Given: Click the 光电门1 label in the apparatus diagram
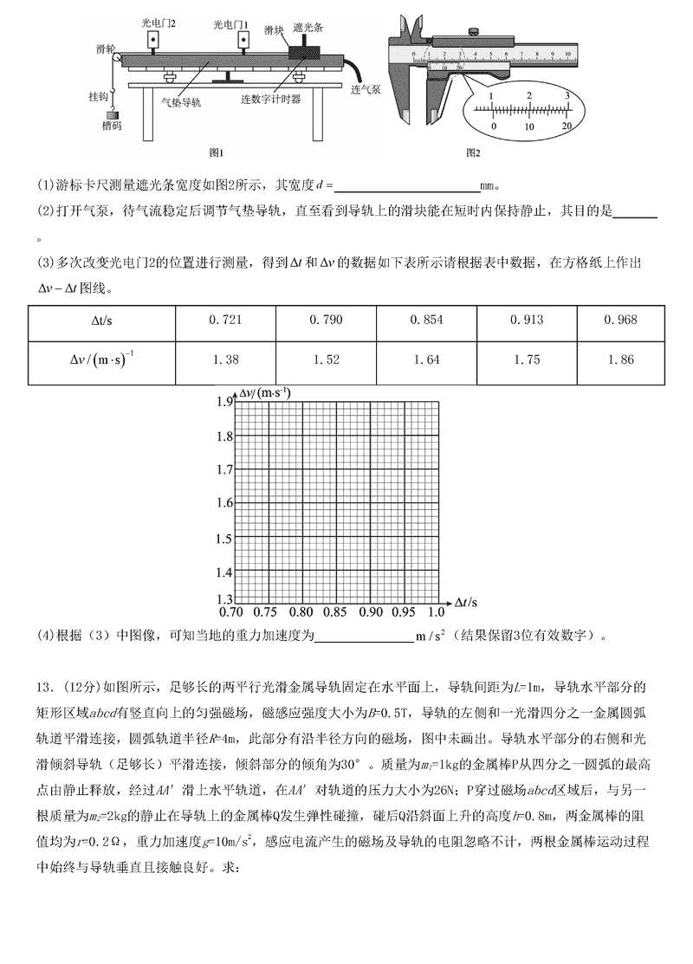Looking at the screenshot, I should click(230, 23).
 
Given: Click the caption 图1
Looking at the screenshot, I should click(217, 152).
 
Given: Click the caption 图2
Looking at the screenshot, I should click(473, 152).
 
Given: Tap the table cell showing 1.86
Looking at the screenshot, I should click(622, 359).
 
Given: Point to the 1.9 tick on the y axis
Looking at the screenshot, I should click(225, 402).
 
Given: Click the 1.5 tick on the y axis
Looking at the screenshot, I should click(225, 538).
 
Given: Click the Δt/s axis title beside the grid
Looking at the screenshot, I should click(468, 600).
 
